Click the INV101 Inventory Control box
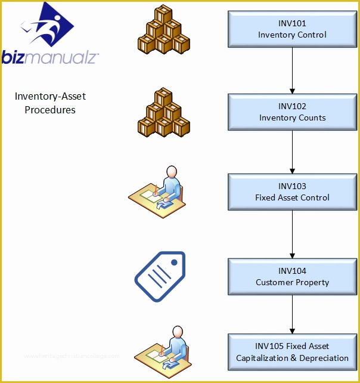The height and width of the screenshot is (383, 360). (292, 29)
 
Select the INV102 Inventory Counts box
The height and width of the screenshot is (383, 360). (292, 112)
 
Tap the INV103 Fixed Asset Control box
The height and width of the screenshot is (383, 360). (292, 191)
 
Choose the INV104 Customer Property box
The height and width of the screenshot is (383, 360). (292, 276)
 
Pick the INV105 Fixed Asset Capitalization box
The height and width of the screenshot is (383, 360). (292, 352)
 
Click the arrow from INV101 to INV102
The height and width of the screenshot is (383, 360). (292, 70)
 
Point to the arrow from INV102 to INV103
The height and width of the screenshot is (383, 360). (292, 152)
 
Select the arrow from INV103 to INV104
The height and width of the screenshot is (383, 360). (292, 234)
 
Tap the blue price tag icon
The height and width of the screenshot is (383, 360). (160, 276)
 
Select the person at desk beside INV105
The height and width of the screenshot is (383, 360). (161, 353)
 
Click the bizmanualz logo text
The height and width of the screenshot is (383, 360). (50, 57)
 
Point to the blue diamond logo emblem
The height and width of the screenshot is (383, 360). (50, 25)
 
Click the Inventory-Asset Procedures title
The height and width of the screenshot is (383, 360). (50, 103)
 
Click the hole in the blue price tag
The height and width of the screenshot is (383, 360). (175, 262)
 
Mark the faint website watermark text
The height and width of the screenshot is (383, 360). (72, 356)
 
